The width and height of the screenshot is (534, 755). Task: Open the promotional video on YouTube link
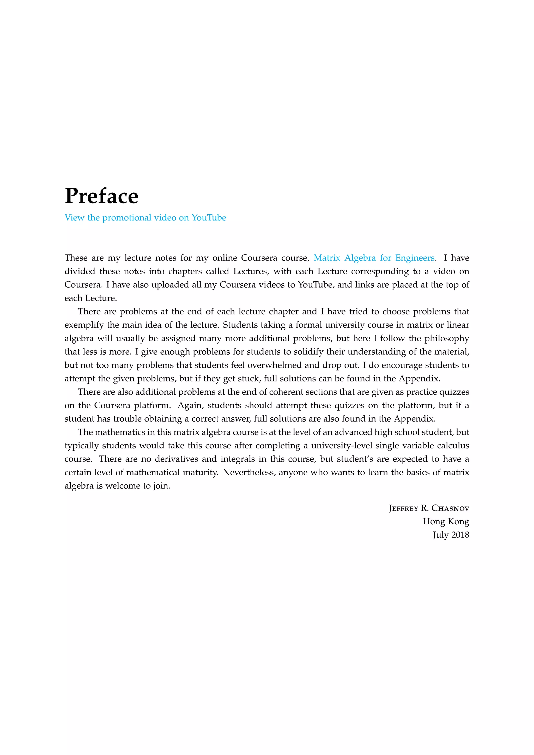pos(145,218)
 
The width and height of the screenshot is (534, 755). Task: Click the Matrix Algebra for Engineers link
pos(374,258)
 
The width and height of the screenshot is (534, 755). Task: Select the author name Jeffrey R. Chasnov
pos(428,508)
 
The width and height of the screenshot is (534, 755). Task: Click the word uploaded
pos(171,285)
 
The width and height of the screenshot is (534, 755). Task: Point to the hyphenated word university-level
pos(342,446)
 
